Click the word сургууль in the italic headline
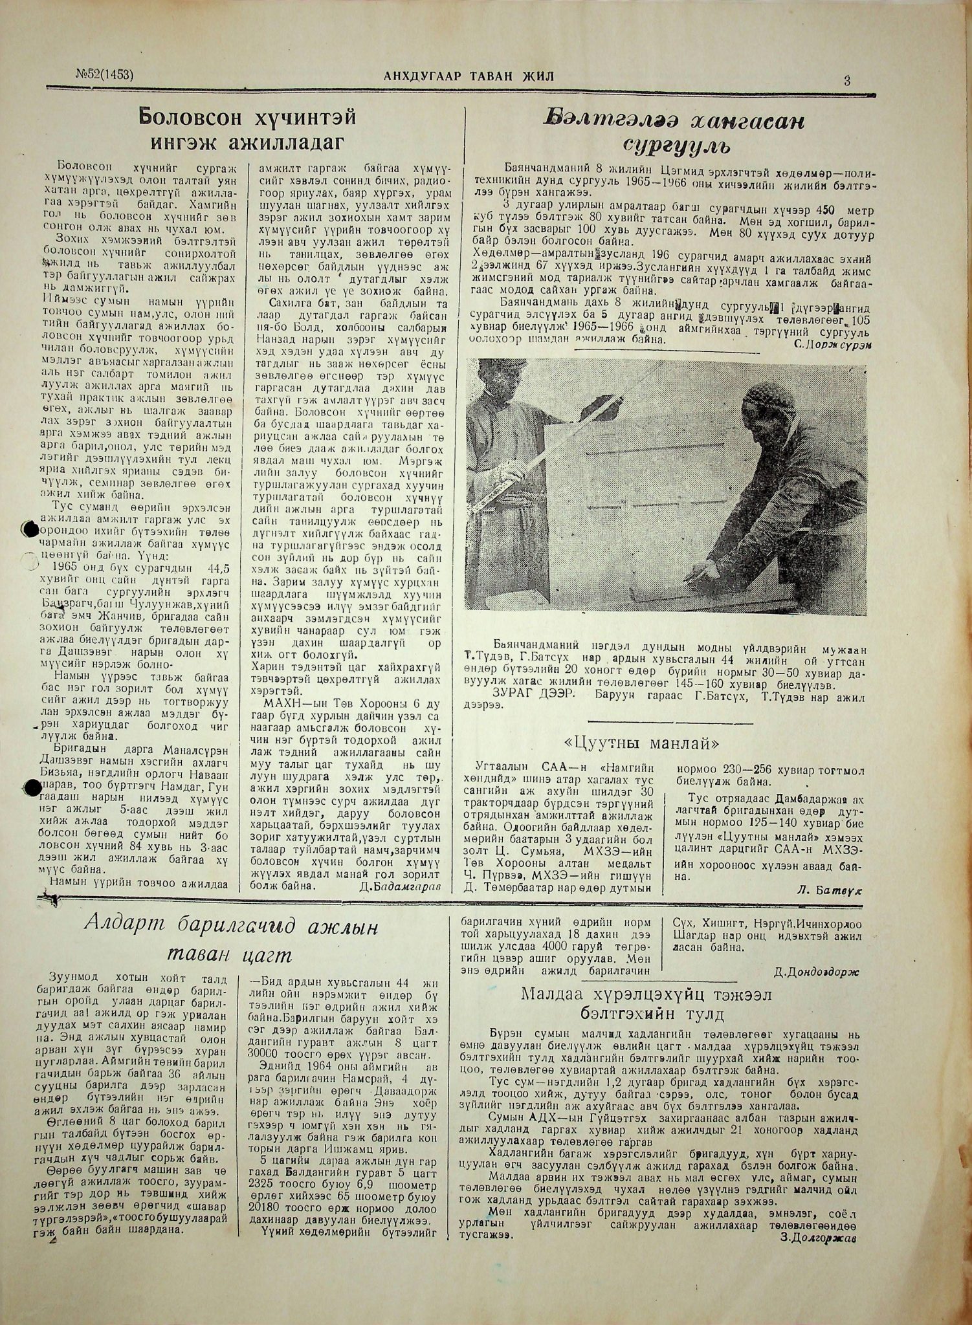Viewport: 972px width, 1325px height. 677,145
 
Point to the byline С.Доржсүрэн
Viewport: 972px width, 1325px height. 832,344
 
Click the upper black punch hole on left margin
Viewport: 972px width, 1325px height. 28,529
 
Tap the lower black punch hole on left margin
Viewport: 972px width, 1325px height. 30,787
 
